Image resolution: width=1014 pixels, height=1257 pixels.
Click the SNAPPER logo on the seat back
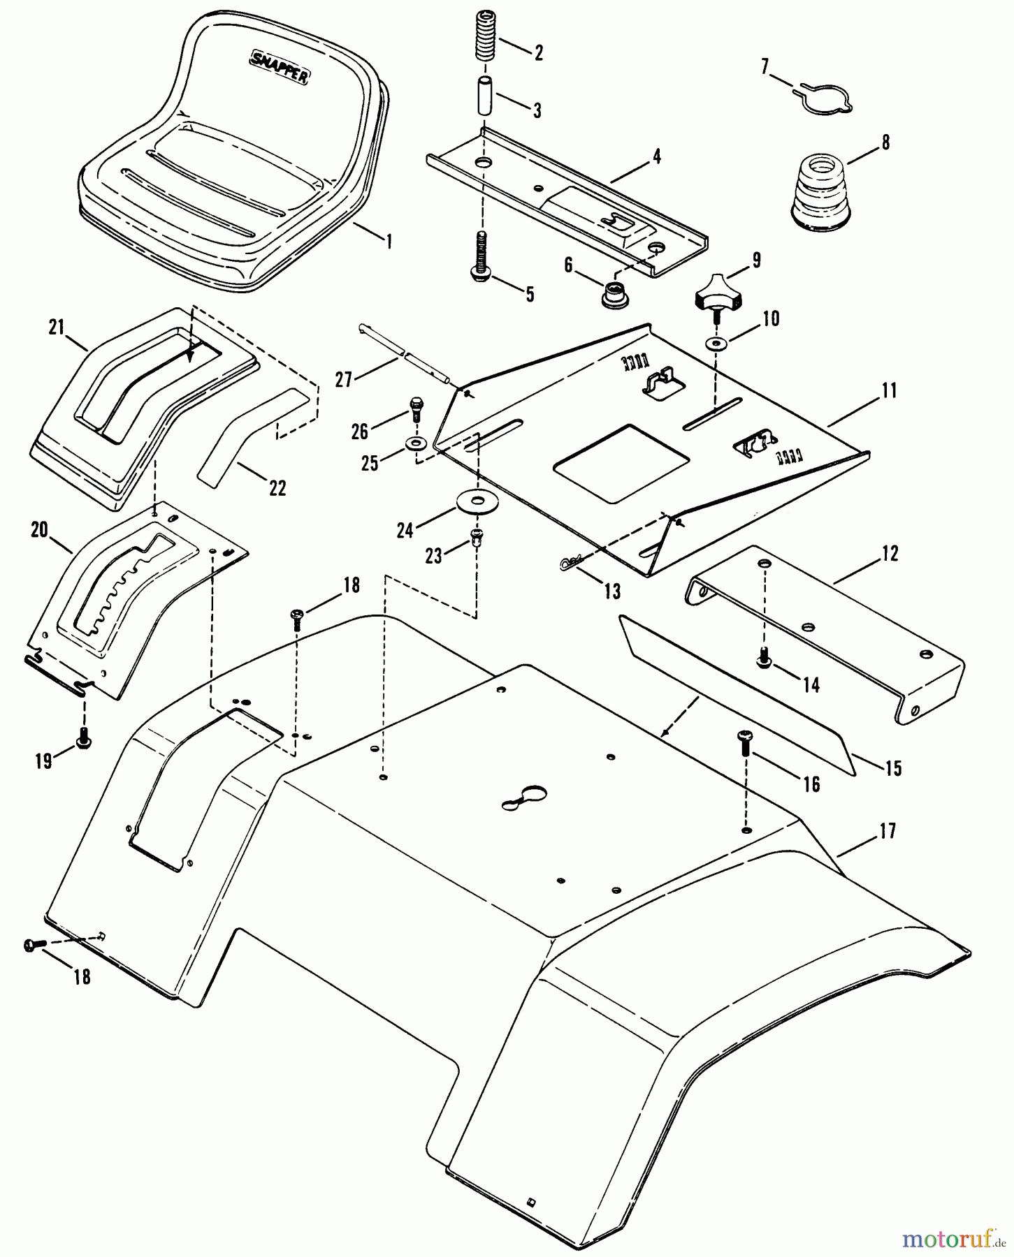tap(279, 68)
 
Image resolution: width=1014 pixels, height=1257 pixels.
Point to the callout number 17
tap(888, 832)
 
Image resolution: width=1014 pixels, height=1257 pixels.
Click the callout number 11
tap(889, 390)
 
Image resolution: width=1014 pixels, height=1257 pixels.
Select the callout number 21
tap(57, 326)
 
